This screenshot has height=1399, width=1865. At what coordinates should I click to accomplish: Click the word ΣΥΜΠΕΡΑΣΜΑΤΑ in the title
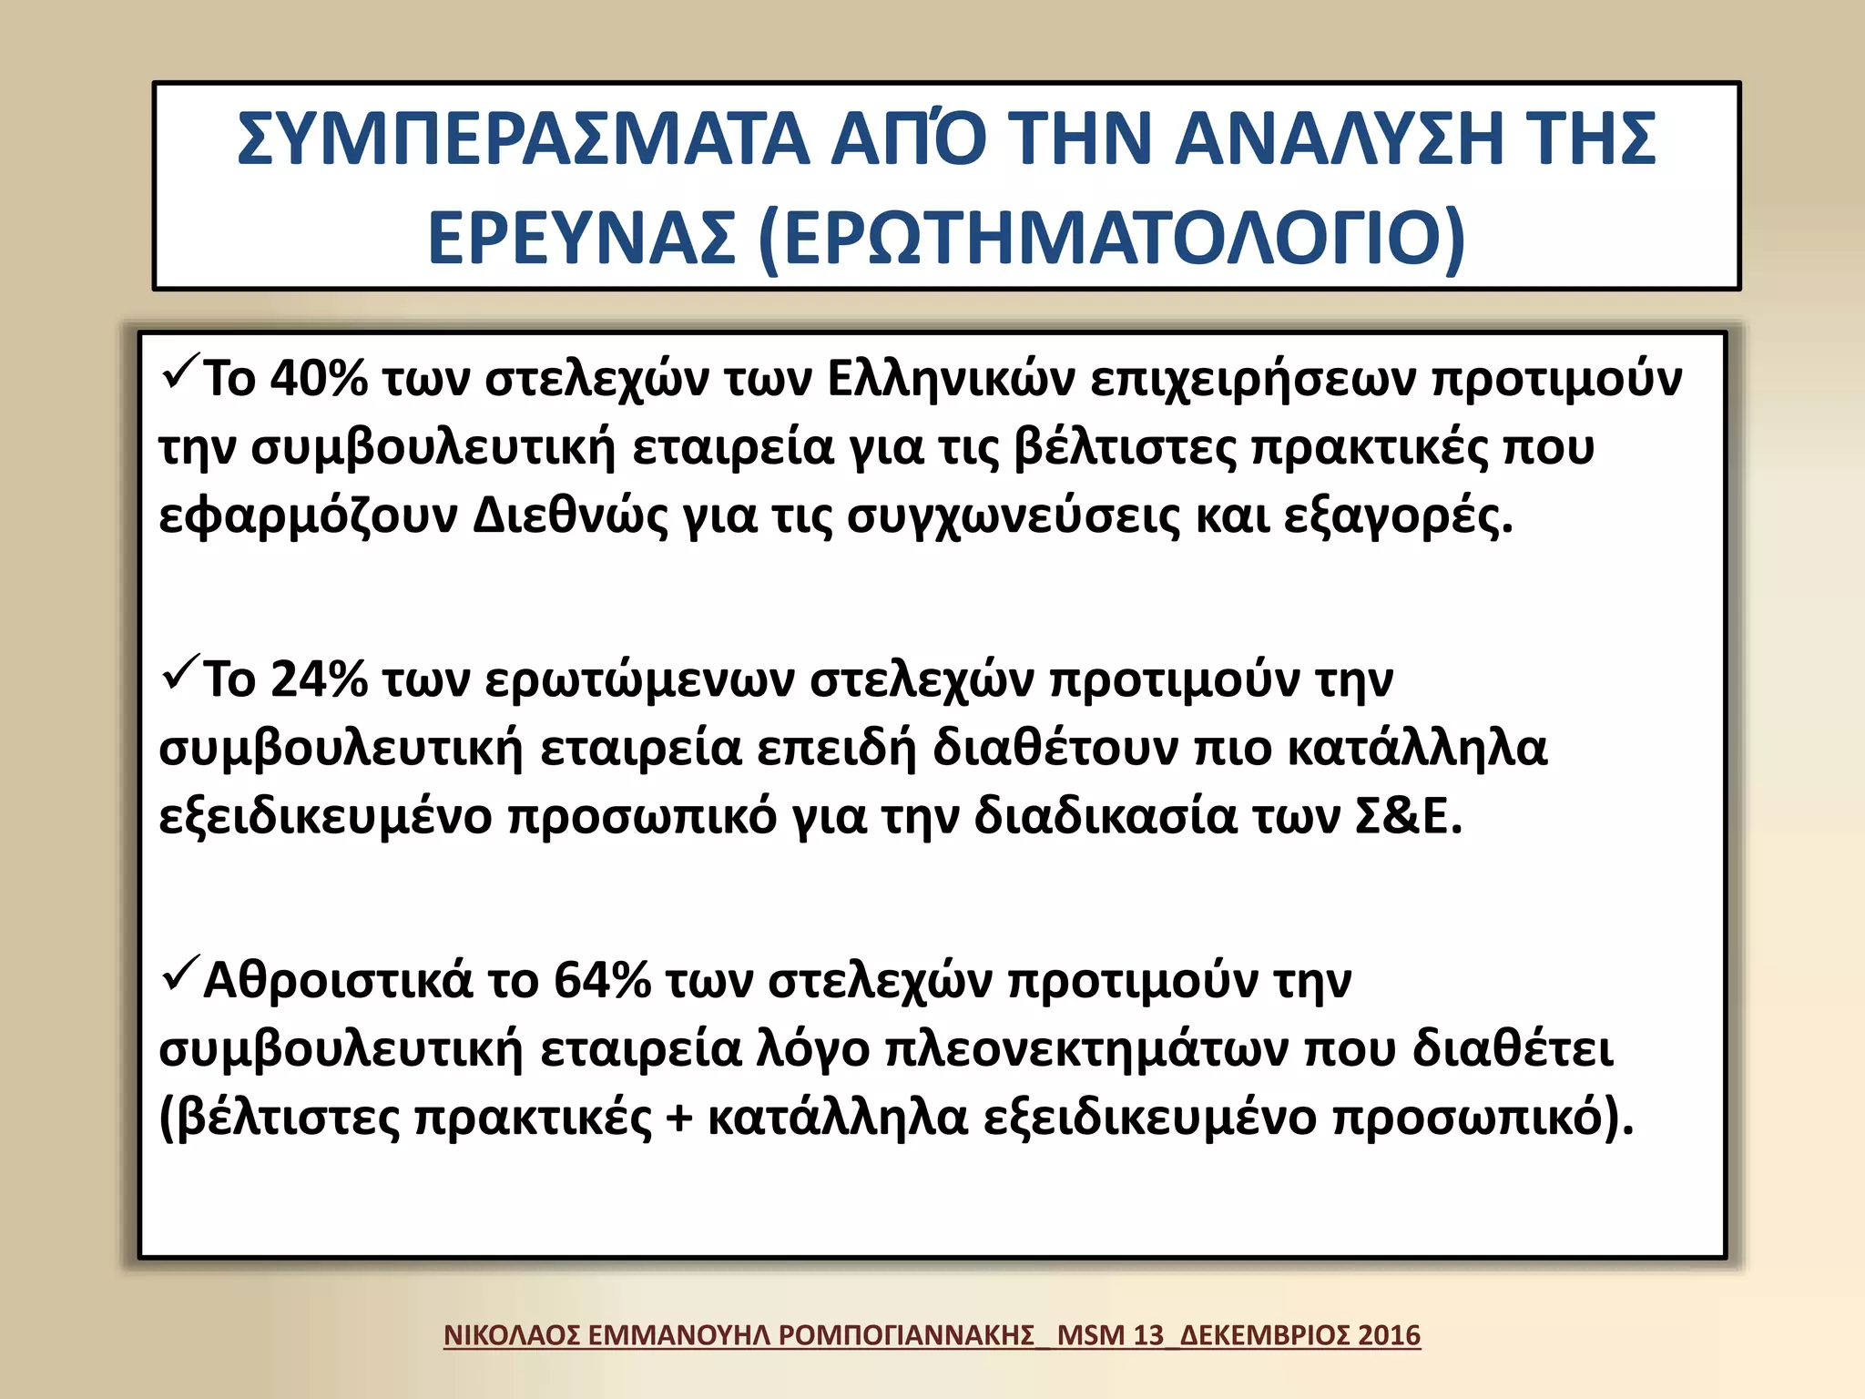click(x=523, y=138)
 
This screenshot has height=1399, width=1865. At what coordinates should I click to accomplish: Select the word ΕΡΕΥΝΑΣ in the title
click(x=582, y=238)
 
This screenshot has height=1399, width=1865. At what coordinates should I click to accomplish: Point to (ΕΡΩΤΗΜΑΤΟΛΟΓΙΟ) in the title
click(x=1111, y=238)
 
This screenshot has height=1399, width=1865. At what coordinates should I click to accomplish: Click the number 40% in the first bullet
click(x=319, y=379)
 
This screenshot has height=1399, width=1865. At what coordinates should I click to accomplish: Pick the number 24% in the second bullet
click(x=319, y=679)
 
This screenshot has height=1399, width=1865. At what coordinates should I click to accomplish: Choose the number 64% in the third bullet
click(x=602, y=981)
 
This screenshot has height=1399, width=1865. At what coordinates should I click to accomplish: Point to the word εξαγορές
click(x=1397, y=516)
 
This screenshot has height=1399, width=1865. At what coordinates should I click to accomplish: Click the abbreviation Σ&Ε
click(x=1407, y=817)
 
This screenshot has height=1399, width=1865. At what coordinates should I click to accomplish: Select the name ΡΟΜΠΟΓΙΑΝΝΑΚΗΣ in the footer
click(x=907, y=1335)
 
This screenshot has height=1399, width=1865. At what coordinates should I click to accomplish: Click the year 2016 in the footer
click(x=1389, y=1335)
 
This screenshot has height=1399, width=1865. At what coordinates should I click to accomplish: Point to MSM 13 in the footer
click(x=1111, y=1335)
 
